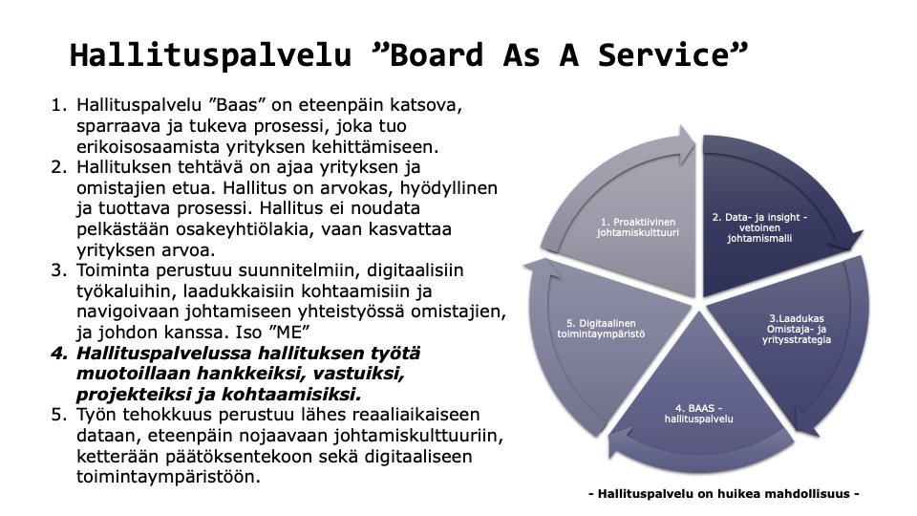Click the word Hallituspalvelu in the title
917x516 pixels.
(x=210, y=56)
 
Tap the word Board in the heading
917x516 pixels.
(x=437, y=55)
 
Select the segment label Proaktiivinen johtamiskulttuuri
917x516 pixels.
(x=638, y=227)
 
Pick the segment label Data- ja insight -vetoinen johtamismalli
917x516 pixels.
(x=759, y=227)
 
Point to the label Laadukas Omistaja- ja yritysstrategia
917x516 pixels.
(x=797, y=329)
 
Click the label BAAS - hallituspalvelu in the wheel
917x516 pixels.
(x=699, y=414)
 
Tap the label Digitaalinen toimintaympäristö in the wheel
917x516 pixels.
(x=601, y=329)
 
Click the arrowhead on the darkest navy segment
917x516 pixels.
(x=848, y=241)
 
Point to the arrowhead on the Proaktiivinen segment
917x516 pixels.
(x=683, y=144)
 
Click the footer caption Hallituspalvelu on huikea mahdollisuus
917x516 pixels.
(x=723, y=494)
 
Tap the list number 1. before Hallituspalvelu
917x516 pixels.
(x=60, y=105)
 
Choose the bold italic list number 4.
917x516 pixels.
(x=60, y=354)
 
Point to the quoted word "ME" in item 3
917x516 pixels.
(x=288, y=333)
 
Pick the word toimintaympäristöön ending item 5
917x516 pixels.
(x=168, y=478)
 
